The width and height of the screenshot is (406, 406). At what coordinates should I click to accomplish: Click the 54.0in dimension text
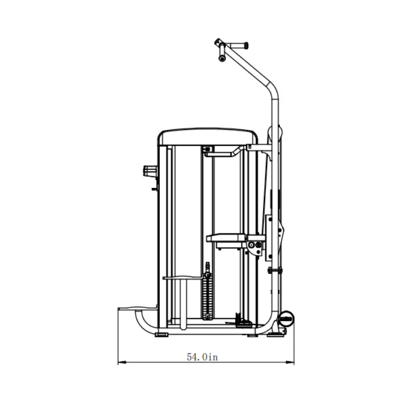coord(202,357)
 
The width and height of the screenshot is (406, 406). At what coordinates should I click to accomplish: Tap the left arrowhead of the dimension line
coord(122,362)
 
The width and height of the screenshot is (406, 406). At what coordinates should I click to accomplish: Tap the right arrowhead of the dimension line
coord(290,362)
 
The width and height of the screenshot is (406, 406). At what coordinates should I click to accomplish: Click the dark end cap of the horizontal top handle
coord(246,45)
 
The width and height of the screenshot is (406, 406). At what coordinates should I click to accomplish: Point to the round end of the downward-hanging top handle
coord(222,58)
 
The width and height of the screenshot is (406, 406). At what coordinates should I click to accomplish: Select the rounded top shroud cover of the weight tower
coord(208,136)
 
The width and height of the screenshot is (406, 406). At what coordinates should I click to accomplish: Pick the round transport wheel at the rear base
coord(286,319)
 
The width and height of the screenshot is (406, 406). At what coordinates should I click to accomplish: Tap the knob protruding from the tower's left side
coord(150,171)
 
